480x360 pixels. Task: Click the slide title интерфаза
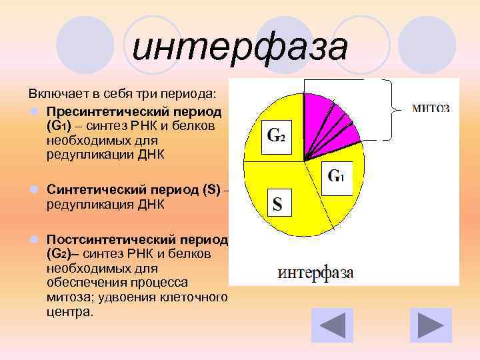239,48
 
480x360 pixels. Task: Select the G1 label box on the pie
336,177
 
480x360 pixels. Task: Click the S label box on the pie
277,203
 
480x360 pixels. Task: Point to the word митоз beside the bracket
430,107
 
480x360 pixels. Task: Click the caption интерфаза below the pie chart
315,273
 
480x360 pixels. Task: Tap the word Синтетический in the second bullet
89,191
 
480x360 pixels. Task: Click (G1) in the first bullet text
59,125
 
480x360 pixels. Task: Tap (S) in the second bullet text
212,191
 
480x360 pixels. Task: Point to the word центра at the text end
69,311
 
